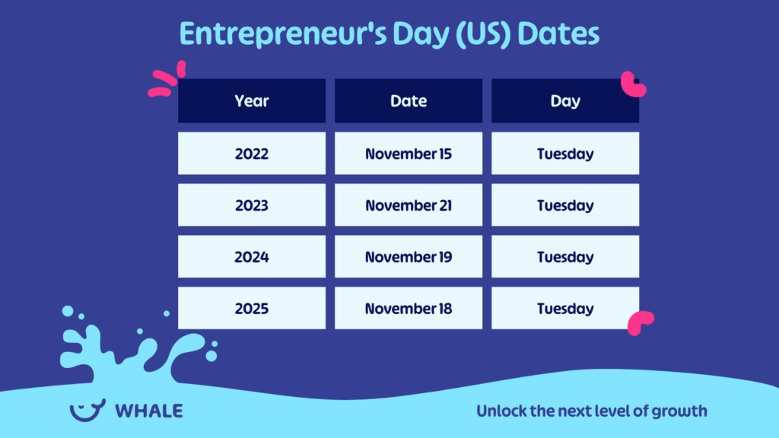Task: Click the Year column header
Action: click(x=252, y=101)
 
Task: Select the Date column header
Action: click(x=409, y=101)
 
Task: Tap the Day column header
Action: click(x=565, y=101)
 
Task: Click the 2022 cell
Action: click(x=252, y=154)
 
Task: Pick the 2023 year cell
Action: click(x=252, y=205)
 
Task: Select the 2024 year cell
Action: click(x=252, y=257)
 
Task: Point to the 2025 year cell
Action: click(x=252, y=309)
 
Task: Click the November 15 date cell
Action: click(x=409, y=154)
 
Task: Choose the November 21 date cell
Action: click(x=409, y=205)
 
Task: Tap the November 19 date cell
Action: click(x=409, y=257)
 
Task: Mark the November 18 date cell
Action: click(x=409, y=309)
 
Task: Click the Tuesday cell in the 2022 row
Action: click(x=565, y=154)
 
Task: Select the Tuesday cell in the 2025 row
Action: click(x=565, y=309)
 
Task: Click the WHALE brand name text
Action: click(x=149, y=411)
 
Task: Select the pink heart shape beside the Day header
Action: click(x=633, y=84)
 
